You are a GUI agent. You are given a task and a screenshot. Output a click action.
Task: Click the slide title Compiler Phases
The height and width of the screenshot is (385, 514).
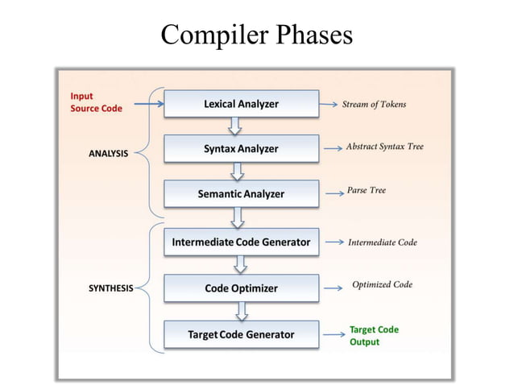[256, 35]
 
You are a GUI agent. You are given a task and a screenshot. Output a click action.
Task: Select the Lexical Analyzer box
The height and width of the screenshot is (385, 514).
[241, 104]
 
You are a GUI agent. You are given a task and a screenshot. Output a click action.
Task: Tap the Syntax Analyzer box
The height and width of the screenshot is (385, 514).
[241, 149]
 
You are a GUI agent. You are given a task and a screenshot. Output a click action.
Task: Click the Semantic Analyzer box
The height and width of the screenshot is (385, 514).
[241, 194]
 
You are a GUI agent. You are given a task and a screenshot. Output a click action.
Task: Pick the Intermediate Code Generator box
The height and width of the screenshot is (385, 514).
[241, 242]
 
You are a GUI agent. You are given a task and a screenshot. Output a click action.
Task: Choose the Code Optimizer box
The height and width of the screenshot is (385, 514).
[241, 288]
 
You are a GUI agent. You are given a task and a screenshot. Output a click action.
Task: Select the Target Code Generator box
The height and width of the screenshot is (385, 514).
[241, 334]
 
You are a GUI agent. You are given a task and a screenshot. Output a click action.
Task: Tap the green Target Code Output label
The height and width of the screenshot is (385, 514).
[374, 335]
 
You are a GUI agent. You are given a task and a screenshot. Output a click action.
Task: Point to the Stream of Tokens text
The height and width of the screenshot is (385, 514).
[374, 104]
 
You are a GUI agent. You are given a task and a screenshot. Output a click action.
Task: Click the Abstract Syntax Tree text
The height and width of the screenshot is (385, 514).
[384, 147]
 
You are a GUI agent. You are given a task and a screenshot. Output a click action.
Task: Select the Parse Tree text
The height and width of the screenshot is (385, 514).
[367, 191]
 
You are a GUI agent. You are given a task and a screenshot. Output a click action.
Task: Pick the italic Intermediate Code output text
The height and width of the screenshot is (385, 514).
[382, 242]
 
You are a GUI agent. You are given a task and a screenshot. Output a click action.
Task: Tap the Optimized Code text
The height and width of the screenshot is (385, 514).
[382, 284]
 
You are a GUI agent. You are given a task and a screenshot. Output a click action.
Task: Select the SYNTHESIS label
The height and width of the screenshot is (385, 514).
[110, 288]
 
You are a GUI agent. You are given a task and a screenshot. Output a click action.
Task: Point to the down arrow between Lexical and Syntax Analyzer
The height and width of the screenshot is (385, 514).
[236, 126]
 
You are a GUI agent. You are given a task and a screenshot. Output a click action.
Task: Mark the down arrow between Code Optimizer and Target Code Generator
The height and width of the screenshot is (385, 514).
[239, 311]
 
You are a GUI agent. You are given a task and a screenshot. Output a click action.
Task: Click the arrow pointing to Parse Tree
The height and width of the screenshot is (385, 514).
[333, 193]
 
